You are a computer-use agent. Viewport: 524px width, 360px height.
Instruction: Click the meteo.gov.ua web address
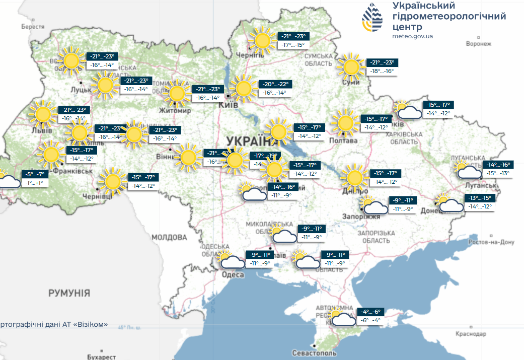coord(412,36)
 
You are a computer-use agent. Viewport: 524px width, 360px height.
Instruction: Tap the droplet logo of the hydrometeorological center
coord(372,19)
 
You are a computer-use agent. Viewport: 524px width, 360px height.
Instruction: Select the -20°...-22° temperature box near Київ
coord(276,84)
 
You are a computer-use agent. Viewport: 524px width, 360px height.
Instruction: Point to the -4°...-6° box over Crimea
coord(370,312)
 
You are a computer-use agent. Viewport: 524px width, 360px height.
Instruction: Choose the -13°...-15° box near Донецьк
coord(480,197)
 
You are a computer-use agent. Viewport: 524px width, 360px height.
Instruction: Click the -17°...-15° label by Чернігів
coord(293,45)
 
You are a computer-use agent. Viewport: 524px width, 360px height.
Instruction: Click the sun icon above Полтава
coord(345,123)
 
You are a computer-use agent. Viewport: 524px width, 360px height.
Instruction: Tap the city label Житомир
coord(175,110)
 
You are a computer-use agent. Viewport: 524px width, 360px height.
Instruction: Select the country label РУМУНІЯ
coord(69,293)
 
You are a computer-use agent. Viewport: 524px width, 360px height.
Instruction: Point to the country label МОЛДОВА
coord(169,237)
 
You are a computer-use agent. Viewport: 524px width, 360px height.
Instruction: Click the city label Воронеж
coord(478,44)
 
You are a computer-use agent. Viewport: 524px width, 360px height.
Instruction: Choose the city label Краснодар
coord(471,334)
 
